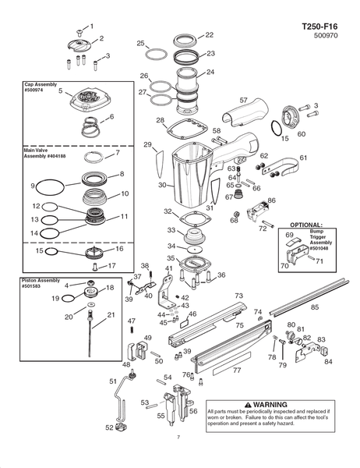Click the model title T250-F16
(x=319, y=27)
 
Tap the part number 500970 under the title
(x=326, y=36)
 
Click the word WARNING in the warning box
(x=270, y=405)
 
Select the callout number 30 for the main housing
(x=162, y=185)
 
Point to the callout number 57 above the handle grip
(x=244, y=101)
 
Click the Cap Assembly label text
(x=41, y=84)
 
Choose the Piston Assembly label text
(x=41, y=280)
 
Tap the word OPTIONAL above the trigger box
(x=306, y=225)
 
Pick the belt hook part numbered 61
(x=281, y=167)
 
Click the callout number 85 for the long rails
(x=315, y=307)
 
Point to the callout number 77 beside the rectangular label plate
(x=237, y=370)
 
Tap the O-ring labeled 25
(x=157, y=55)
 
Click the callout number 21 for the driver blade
(x=111, y=314)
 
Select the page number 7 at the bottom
(x=178, y=438)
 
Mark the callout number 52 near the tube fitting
(x=109, y=427)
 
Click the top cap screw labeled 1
(x=79, y=31)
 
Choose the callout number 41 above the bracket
(x=169, y=268)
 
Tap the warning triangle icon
(x=248, y=405)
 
